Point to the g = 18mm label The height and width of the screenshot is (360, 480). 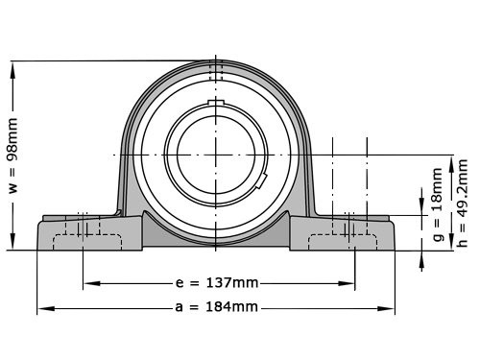point(438,217)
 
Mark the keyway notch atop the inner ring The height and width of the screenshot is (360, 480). point(216,103)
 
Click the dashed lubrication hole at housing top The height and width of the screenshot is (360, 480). point(216,70)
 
